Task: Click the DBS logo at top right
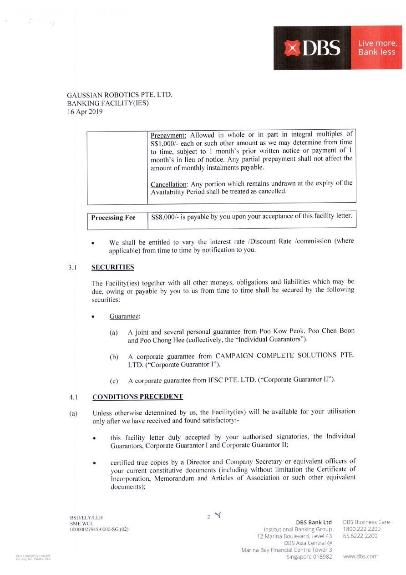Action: pyautogui.click(x=313, y=48)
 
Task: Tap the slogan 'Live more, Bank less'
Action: pyautogui.click(x=377, y=48)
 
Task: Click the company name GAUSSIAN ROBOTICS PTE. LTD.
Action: pyautogui.click(x=120, y=96)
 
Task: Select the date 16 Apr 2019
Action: pyautogui.click(x=85, y=112)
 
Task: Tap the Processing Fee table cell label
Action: pyautogui.click(x=113, y=218)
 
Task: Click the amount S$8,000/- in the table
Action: pyautogui.click(x=164, y=216)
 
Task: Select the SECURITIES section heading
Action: pyautogui.click(x=112, y=267)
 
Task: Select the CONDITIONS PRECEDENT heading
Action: pyautogui.click(x=137, y=397)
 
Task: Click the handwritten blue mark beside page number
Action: pyautogui.click(x=218, y=515)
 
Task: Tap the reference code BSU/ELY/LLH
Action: pyautogui.click(x=86, y=518)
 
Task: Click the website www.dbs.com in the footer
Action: pyautogui.click(x=360, y=556)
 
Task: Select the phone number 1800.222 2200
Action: pyautogui.click(x=361, y=529)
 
